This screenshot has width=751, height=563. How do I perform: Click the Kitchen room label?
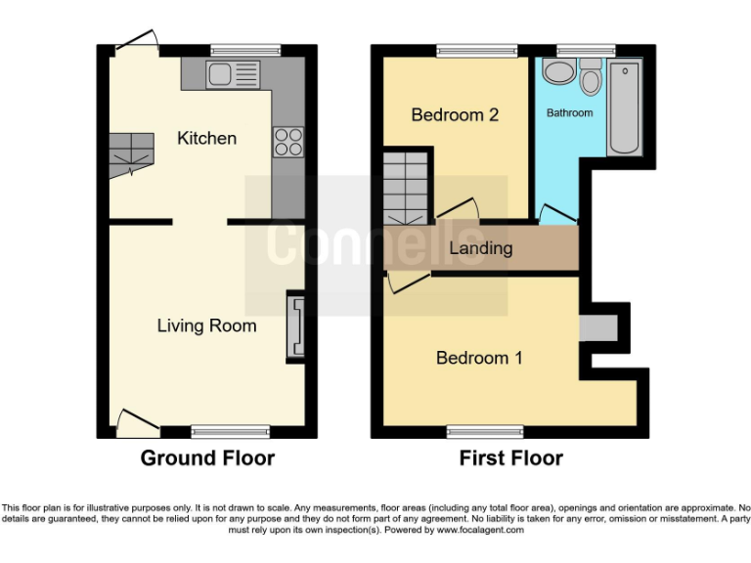point(206,138)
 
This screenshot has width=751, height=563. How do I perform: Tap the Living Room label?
point(206,325)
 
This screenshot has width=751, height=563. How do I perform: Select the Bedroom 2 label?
point(455,114)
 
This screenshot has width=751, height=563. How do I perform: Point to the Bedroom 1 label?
point(479,358)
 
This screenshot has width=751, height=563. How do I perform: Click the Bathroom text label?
point(569,113)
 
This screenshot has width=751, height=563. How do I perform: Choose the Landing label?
point(480,248)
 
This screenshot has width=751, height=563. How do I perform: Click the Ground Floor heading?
point(207,457)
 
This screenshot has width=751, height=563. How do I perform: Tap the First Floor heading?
point(511,457)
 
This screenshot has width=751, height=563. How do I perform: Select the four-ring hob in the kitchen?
point(288,142)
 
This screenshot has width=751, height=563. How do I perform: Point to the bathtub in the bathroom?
point(623,108)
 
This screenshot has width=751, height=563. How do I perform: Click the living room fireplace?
point(295,327)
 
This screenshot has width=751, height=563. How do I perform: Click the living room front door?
point(136,423)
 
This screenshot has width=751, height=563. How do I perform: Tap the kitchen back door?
point(137,40)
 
